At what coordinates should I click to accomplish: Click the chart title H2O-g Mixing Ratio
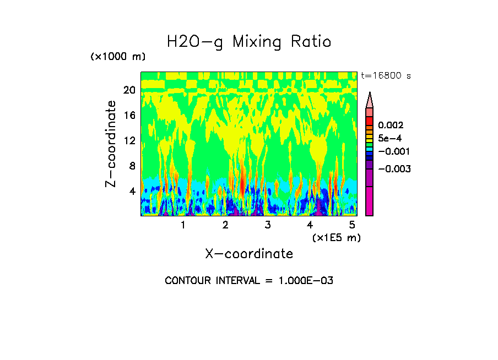249,42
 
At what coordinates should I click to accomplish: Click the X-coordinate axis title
249,254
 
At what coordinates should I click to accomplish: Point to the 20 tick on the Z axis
129,90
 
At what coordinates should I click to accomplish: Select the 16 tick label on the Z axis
129,116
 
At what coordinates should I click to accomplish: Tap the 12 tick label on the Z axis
129,140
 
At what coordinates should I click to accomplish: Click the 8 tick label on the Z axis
132,166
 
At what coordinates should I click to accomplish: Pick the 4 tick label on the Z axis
132,191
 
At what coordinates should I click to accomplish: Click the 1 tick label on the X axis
183,225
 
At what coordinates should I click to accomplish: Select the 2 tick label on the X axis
225,225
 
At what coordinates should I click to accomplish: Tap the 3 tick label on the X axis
268,225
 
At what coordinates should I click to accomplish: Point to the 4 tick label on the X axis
310,225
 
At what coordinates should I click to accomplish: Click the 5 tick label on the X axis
352,225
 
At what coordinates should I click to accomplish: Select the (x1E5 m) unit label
336,237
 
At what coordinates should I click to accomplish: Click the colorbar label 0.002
391,126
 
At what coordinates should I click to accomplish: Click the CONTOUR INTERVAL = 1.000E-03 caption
249,281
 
